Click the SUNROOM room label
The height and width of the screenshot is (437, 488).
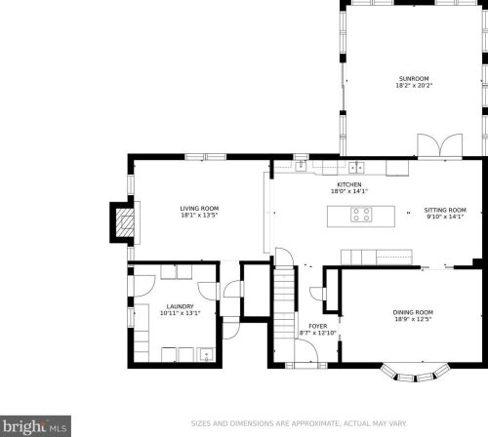click(x=413, y=78)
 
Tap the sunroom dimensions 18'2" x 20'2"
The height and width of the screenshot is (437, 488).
click(x=413, y=86)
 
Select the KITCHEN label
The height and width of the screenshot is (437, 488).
click(x=349, y=184)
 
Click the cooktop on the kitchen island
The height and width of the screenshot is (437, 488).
click(x=362, y=215)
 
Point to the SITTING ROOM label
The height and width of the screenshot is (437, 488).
click(x=445, y=210)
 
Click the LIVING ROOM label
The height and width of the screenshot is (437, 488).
click(x=199, y=208)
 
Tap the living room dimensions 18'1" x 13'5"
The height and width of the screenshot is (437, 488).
click(x=199, y=216)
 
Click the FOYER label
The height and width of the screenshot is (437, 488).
click(x=318, y=326)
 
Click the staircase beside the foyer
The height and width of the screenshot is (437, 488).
click(x=284, y=302)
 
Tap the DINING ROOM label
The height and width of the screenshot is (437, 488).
click(x=413, y=312)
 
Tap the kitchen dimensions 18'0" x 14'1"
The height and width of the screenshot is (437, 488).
click(x=349, y=192)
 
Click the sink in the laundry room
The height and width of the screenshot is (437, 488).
click(x=207, y=354)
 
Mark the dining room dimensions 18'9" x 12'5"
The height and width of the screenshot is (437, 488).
click(x=413, y=320)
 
